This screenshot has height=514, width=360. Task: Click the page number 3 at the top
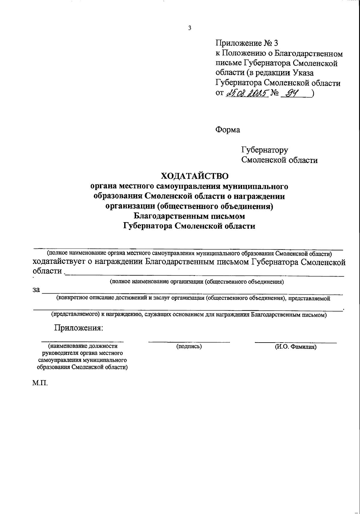189,28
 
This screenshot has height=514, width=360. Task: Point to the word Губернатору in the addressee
265,150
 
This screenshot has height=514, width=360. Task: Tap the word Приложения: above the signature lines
78,328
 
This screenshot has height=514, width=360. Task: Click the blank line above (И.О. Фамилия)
295,342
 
